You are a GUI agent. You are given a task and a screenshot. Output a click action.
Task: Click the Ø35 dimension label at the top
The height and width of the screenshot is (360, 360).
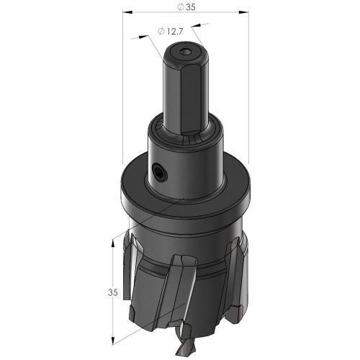point(186,7)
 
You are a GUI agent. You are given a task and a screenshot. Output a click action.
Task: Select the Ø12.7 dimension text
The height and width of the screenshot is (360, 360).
point(171,31)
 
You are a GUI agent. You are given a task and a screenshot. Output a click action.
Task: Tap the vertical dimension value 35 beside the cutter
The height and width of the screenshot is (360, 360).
point(113,292)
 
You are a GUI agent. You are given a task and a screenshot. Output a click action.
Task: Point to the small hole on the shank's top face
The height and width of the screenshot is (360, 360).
point(185,52)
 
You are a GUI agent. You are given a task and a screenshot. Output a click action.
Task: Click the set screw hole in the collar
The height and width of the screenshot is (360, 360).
point(158,172)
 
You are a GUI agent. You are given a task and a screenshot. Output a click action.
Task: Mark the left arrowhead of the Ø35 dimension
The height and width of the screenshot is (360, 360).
point(127,12)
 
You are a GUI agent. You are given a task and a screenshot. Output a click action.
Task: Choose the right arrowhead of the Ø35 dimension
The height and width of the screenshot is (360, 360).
point(243,12)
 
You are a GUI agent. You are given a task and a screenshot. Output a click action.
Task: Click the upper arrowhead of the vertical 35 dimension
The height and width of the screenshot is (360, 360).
point(113,243)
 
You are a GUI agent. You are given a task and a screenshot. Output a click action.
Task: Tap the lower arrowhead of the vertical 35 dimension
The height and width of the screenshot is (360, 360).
point(113,340)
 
